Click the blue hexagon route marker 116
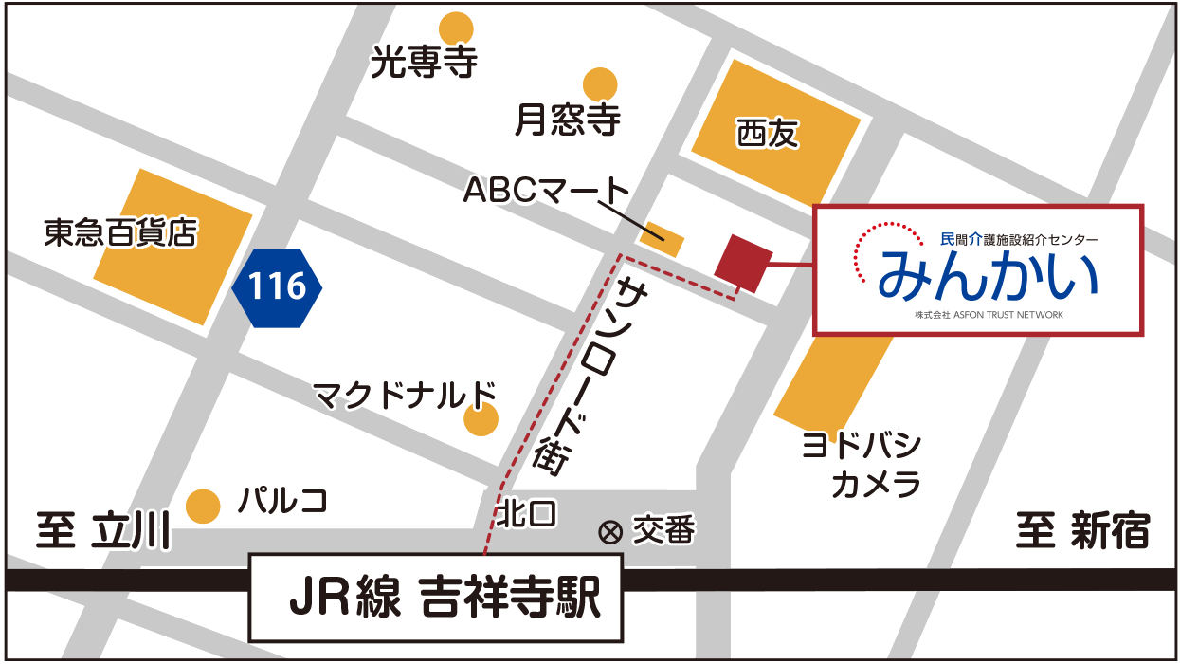pos(277,286)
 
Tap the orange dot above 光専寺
pos(456,28)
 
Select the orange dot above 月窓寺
pos(600,84)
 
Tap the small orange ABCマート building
pos(662,238)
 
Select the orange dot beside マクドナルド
pos(481,419)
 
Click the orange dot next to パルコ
pos(203,506)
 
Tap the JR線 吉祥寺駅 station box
pos(436,598)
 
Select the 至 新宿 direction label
pos(1082,530)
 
